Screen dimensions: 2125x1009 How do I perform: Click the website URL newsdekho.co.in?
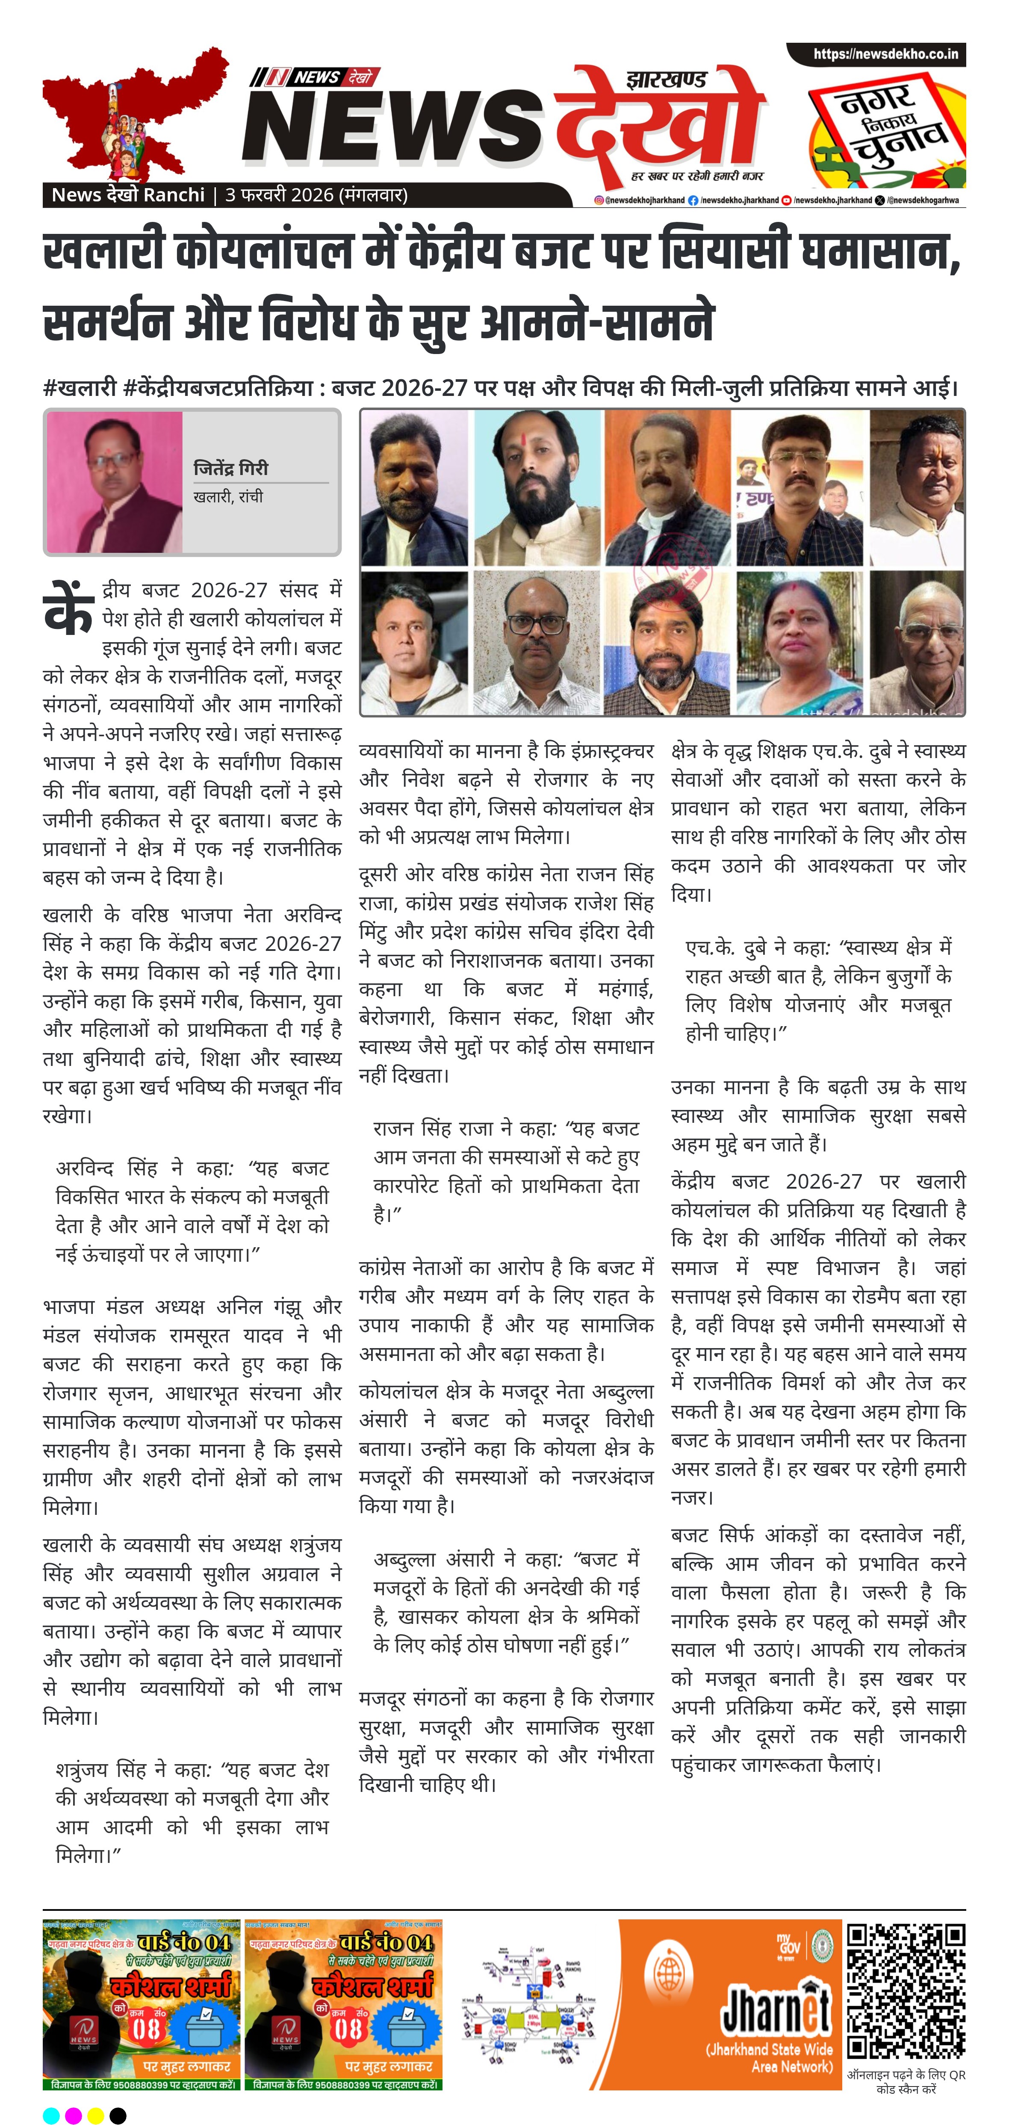885,54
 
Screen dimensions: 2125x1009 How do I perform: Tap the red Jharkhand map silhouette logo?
132,115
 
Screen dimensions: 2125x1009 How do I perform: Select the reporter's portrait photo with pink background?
115,483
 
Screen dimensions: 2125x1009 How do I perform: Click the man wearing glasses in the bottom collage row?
535,643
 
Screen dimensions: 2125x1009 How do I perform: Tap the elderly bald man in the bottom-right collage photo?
918,643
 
